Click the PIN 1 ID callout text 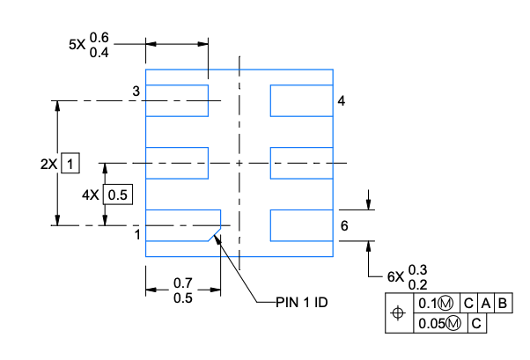point(301,302)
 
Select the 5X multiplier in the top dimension point(77,44)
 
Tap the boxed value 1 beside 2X point(70,163)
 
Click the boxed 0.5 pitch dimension point(118,195)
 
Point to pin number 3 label point(136,91)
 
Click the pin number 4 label point(342,100)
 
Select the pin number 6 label point(344,226)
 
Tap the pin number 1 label point(137,235)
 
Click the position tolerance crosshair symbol point(398,313)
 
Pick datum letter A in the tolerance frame point(486,303)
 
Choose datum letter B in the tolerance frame point(503,303)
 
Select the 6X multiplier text point(395,277)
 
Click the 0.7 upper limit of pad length point(183,283)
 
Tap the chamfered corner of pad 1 point(214,234)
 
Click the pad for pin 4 point(301,100)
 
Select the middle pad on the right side point(301,163)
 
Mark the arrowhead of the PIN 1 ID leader point(217,237)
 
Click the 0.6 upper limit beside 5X point(99,38)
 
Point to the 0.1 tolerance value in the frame point(428,303)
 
